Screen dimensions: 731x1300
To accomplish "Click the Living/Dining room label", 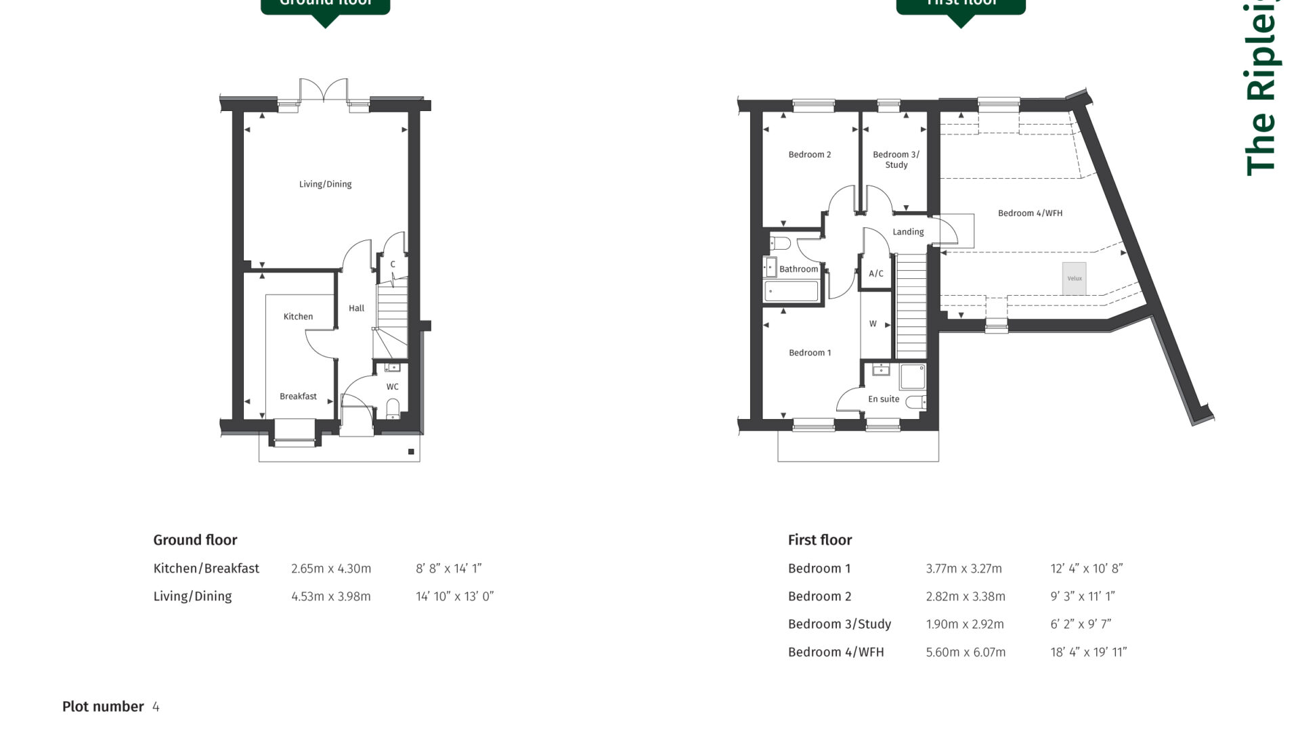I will pyautogui.click(x=325, y=184).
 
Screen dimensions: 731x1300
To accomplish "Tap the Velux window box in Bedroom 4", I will pyautogui.click(x=1074, y=278).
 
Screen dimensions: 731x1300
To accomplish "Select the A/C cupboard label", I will pyautogui.click(x=875, y=273).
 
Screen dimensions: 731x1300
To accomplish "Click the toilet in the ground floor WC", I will pyautogui.click(x=392, y=407).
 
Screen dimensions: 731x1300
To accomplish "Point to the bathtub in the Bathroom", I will pyautogui.click(x=791, y=292).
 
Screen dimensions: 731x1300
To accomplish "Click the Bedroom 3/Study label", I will pyautogui.click(x=895, y=160).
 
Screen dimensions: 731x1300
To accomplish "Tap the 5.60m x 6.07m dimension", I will pyautogui.click(x=966, y=652).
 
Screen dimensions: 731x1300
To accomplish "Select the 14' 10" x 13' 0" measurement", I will pyautogui.click(x=454, y=597).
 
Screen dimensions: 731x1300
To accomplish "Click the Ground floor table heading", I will pyautogui.click(x=195, y=540).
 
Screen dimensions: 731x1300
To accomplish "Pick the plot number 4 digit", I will pyautogui.click(x=156, y=707).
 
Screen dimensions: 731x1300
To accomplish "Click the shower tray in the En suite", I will pyautogui.click(x=912, y=376).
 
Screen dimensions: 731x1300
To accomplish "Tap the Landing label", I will pyautogui.click(x=907, y=232).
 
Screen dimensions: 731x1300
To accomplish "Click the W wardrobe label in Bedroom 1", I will pyautogui.click(x=873, y=324).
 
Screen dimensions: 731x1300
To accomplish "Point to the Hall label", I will pyautogui.click(x=356, y=309).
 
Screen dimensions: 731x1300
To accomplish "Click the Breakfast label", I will pyautogui.click(x=298, y=397).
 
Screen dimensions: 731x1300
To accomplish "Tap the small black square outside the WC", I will pyautogui.click(x=411, y=451).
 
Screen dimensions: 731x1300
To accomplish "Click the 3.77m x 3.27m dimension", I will pyautogui.click(x=963, y=569).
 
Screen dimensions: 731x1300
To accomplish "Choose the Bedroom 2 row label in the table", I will pyautogui.click(x=819, y=597).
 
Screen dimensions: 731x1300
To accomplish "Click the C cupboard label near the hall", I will pyautogui.click(x=393, y=265).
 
